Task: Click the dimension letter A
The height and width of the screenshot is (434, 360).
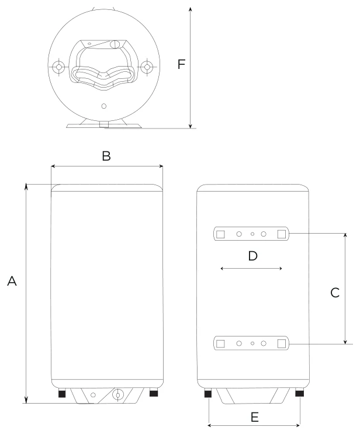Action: pyautogui.click(x=12, y=281)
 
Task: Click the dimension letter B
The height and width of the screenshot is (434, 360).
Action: pyautogui.click(x=106, y=156)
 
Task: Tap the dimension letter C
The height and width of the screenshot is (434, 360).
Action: pyautogui.click(x=335, y=293)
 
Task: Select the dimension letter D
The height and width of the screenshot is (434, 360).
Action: pyautogui.click(x=252, y=256)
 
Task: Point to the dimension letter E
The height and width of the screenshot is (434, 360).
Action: pyautogui.click(x=254, y=417)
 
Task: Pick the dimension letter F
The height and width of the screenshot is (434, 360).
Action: pyautogui.click(x=181, y=64)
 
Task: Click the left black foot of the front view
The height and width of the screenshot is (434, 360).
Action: pyautogui.click(x=62, y=393)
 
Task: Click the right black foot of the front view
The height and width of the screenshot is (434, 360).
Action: pyautogui.click(x=154, y=393)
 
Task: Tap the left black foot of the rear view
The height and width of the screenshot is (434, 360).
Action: pyautogui.click(x=208, y=393)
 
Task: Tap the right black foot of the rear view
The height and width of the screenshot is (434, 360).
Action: pyautogui.click(x=299, y=393)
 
